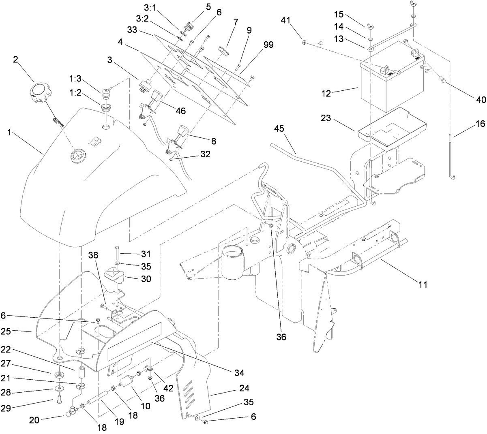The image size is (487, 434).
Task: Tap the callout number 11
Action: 423,285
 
